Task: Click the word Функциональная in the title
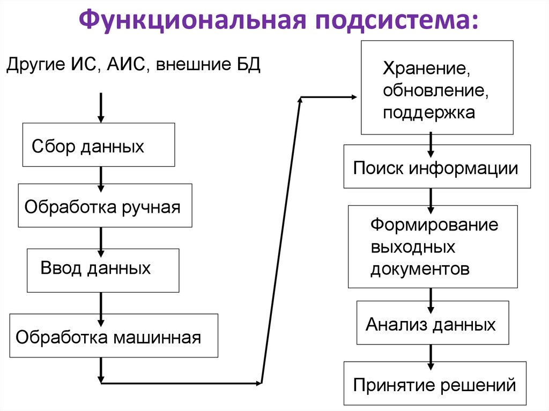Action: (x=192, y=21)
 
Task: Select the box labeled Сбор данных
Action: (x=98, y=145)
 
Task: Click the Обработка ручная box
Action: (x=105, y=206)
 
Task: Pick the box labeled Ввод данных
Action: (x=103, y=270)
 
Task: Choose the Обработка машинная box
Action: (x=114, y=335)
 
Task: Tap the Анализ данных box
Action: (x=432, y=323)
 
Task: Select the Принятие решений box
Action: (x=435, y=383)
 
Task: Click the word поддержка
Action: (x=428, y=113)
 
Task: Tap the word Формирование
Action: (x=434, y=224)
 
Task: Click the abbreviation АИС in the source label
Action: (x=128, y=65)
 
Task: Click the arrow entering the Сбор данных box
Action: (x=101, y=108)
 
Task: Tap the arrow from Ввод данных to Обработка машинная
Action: (x=101, y=303)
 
